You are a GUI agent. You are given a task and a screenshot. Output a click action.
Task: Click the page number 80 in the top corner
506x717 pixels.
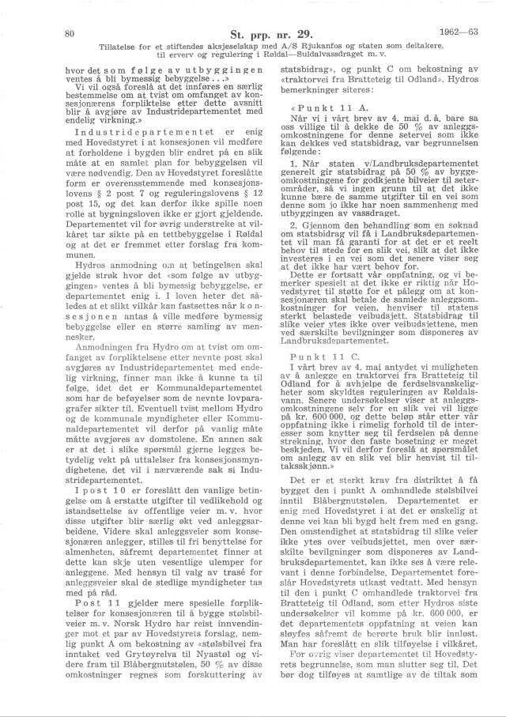point(69,33)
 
